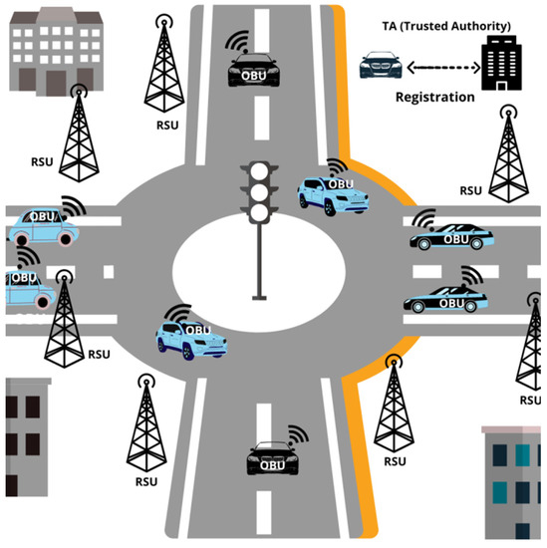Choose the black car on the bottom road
click(x=272, y=458)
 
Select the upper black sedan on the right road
click(x=450, y=237)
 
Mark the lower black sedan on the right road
click(x=445, y=298)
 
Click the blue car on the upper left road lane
click(x=43, y=227)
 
